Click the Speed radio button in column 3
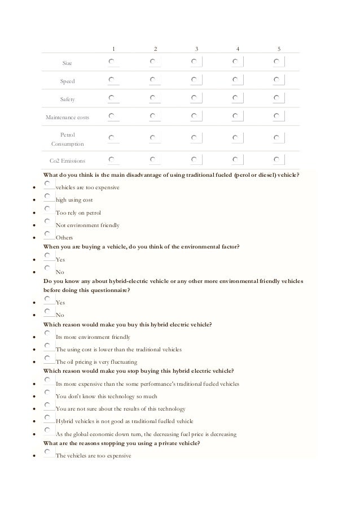pyautogui.click(x=194, y=80)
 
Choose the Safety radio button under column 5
pyautogui.click(x=276, y=98)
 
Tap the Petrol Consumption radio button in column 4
pyautogui.click(x=235, y=138)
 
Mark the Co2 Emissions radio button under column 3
pyautogui.click(x=194, y=159)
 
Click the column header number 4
pyautogui.click(x=238, y=49)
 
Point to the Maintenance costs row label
pyautogui.click(x=67, y=117)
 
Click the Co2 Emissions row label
pyautogui.click(x=67, y=161)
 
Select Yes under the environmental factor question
pyautogui.click(x=49, y=256)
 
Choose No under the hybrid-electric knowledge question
pyautogui.click(x=49, y=311)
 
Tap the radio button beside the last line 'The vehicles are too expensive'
pyautogui.click(x=49, y=452)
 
